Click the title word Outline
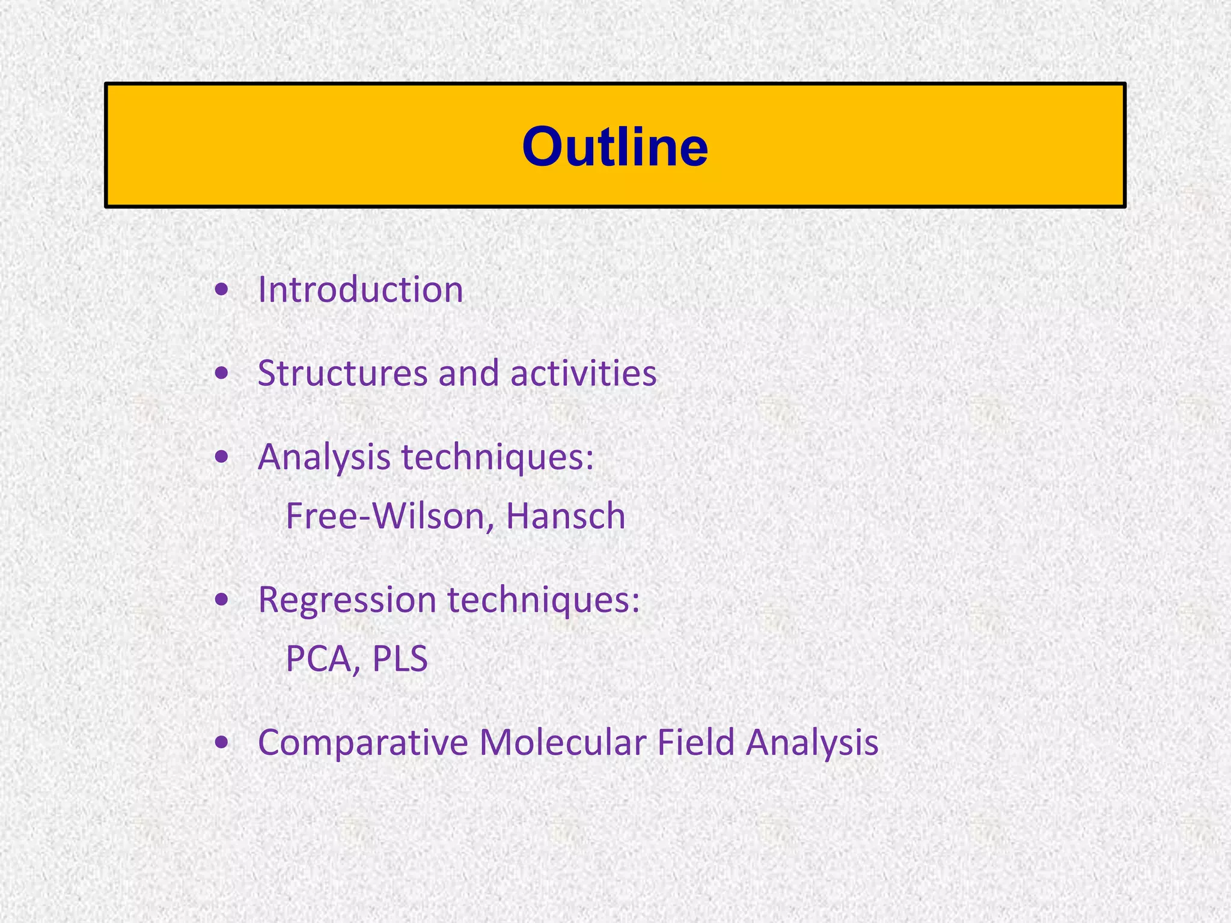point(615,147)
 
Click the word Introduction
point(360,290)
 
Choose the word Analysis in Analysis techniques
point(324,457)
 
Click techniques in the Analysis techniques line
point(498,457)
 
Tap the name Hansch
point(566,516)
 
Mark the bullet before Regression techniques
point(222,600)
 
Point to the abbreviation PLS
point(400,659)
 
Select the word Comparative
point(362,742)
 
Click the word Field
point(695,742)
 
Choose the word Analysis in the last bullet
point(812,742)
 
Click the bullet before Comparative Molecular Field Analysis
point(222,743)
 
